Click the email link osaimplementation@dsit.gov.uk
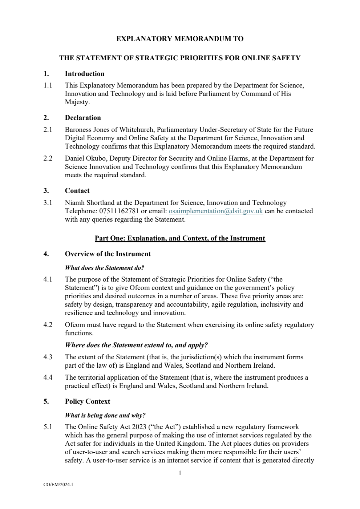click(216, 211)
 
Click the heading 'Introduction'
click(84, 74)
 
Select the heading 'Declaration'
click(83, 118)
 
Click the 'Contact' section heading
click(77, 191)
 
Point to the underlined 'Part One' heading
click(180, 238)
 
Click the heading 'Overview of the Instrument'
click(108, 254)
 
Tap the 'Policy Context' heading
click(87, 401)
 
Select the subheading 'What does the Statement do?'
click(104, 268)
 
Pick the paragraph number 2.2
click(48, 158)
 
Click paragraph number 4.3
click(48, 357)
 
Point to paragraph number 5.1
click(48, 427)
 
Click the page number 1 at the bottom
click(180, 473)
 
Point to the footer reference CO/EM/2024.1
click(58, 484)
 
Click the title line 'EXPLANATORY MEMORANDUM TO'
click(180, 39)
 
